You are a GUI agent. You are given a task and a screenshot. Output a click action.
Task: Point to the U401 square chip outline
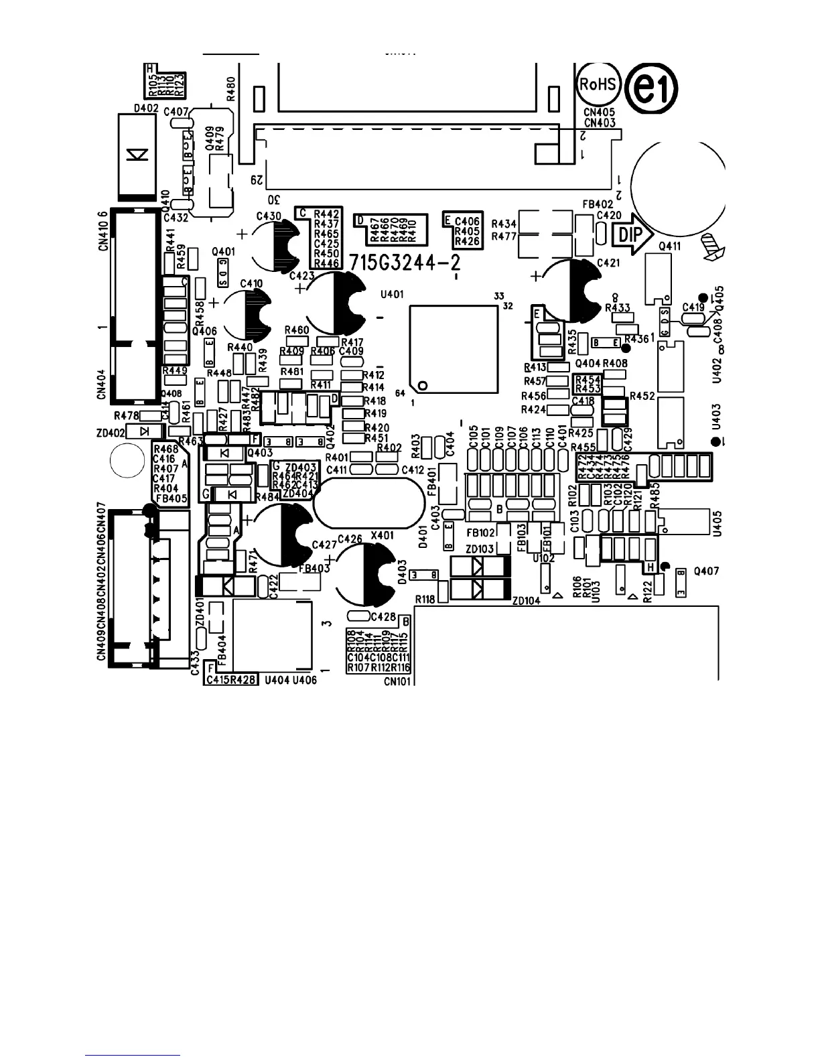455,349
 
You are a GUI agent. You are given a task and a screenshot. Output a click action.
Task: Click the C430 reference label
268,216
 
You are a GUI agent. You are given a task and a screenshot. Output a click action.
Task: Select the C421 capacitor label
608,263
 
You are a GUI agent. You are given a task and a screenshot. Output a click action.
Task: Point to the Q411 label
669,246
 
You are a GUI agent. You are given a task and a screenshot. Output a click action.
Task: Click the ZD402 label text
111,433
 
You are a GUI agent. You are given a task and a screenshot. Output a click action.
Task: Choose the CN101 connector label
397,681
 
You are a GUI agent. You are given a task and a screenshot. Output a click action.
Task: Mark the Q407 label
707,571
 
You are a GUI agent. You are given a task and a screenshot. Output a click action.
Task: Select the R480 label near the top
231,88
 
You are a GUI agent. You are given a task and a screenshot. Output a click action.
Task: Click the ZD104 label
526,601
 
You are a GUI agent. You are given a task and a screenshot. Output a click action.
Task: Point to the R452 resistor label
642,397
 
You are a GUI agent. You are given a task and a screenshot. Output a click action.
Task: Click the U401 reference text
391,294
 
